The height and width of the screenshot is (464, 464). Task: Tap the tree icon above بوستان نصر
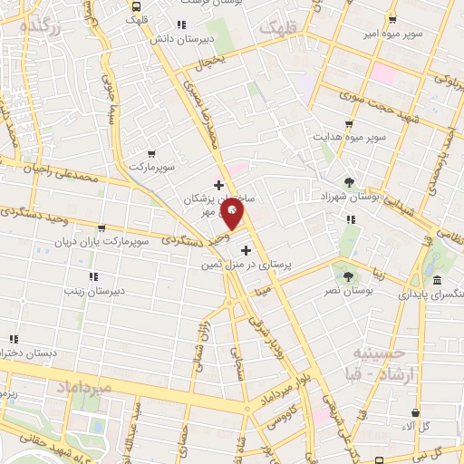click(348, 273)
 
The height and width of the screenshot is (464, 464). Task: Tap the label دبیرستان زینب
click(92, 291)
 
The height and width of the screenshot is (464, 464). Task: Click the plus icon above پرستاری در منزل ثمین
click(246, 249)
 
